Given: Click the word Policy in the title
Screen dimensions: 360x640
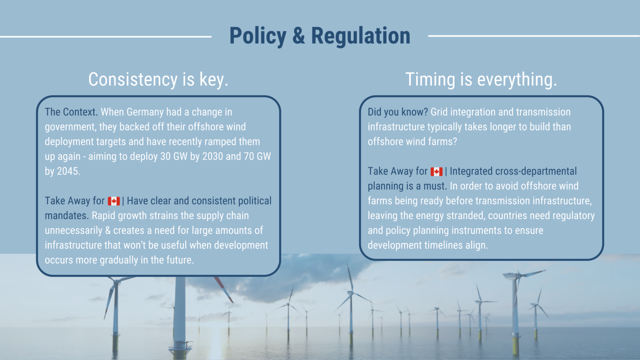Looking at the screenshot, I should coord(257,36).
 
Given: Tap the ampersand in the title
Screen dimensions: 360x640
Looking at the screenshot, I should coord(298,36).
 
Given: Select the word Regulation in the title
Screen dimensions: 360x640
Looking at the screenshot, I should coord(360,36).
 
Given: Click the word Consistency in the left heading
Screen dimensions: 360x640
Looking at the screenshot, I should coord(133,80).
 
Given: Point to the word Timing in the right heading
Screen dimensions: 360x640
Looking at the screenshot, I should coord(430,80).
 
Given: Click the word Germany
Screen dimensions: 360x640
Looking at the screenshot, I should coord(145,112).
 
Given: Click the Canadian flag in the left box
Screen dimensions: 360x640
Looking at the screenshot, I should coord(114,201).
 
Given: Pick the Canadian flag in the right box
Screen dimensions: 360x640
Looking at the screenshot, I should coord(437,172).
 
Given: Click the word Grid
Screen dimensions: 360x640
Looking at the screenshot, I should coord(439,112).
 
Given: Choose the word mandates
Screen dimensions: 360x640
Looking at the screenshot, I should coord(66,216).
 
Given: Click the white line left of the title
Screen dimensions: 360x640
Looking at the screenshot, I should coord(106,37).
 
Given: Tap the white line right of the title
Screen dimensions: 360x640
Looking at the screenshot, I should coord(534,36).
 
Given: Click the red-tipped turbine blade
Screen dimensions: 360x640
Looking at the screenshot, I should coord(224,289).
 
